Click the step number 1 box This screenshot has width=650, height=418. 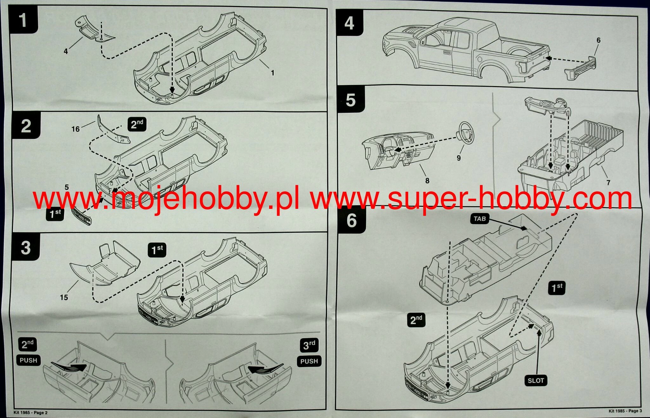(23, 20)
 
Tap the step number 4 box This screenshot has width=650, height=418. (349, 23)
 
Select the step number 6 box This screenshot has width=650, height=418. (351, 220)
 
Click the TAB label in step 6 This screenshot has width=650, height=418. (480, 219)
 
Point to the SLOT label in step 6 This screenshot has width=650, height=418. (536, 380)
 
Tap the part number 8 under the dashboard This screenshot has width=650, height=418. (427, 181)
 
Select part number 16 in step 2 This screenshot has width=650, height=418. (76, 129)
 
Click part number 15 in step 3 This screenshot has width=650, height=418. (64, 297)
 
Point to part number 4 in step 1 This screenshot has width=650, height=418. (66, 51)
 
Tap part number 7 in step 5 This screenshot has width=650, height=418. (608, 182)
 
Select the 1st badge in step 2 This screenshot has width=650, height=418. (55, 214)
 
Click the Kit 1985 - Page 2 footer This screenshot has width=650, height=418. (30, 413)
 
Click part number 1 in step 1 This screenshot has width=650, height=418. (272, 73)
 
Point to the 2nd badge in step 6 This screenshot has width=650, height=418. (416, 320)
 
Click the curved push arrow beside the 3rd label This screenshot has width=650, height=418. (265, 369)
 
